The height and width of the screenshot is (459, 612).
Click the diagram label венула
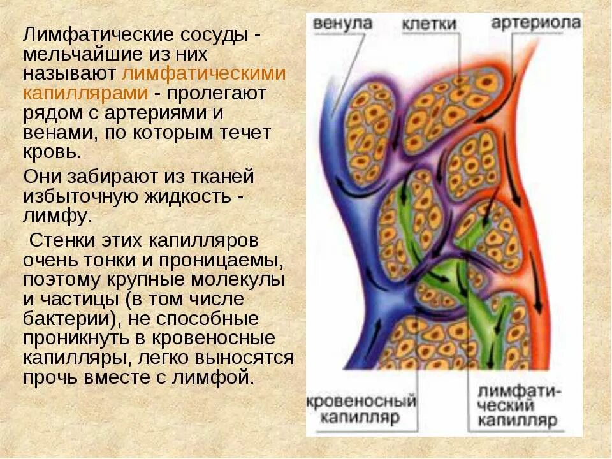tap(342, 24)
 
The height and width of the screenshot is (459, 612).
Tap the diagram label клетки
tap(429, 24)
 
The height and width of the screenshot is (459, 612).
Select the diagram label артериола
tap(536, 23)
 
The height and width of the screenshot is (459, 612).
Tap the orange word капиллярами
tap(85, 93)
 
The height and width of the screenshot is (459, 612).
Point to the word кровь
tap(52, 154)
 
